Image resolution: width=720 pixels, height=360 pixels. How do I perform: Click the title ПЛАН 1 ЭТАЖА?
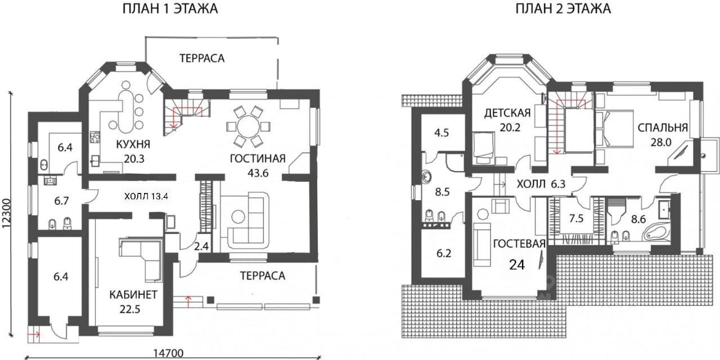pyautogui.click(x=170, y=10)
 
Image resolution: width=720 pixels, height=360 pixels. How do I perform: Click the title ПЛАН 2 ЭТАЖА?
pyautogui.click(x=562, y=10)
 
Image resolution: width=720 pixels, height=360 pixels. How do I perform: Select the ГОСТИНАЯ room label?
pyautogui.click(x=258, y=158)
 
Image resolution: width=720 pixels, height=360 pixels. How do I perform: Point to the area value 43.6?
pyautogui.click(x=257, y=173)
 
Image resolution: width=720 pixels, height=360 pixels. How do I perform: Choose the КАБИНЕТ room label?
pyautogui.click(x=134, y=295)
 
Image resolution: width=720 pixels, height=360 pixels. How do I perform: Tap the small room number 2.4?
pyautogui.click(x=201, y=246)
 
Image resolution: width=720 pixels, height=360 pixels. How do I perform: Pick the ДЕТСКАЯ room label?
pyautogui.click(x=508, y=111)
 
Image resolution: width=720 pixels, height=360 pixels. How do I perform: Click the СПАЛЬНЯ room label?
pyautogui.click(x=663, y=128)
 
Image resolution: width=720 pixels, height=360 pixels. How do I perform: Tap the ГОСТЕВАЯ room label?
pyautogui.click(x=519, y=244)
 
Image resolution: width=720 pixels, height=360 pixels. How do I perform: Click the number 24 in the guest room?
pyautogui.click(x=517, y=265)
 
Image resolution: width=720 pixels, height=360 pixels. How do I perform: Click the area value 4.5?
pyautogui.click(x=441, y=134)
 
